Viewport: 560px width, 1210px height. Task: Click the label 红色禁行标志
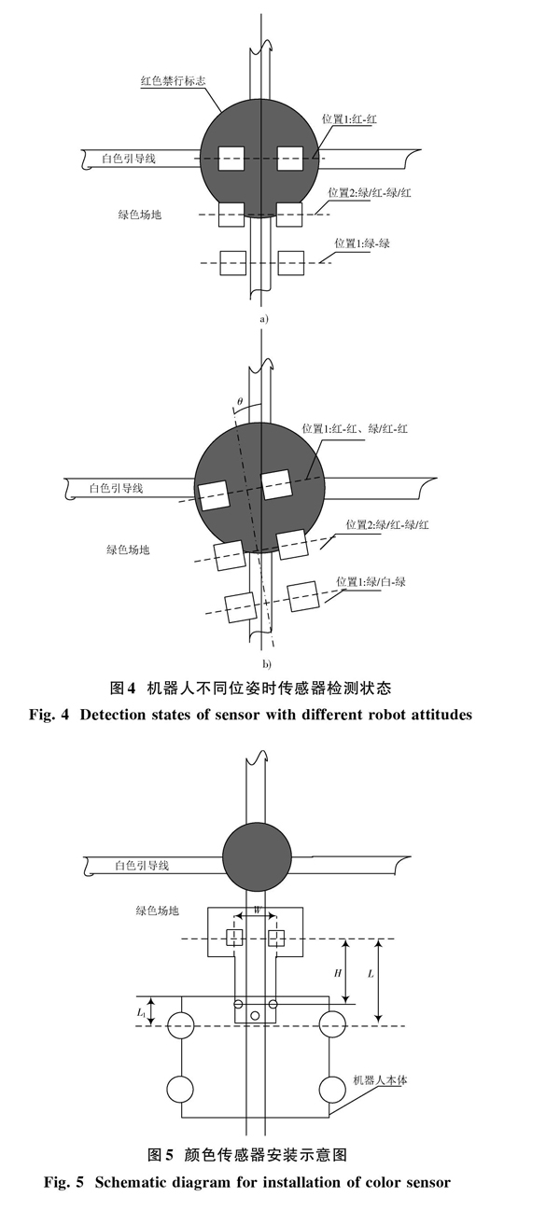(x=173, y=81)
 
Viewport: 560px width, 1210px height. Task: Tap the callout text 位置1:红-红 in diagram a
(x=349, y=119)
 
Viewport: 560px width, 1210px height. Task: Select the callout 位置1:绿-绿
(x=362, y=243)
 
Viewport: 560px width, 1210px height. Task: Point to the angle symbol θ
(x=240, y=401)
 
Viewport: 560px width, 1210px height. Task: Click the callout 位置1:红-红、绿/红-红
(x=355, y=429)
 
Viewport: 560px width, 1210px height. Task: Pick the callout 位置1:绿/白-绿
(x=371, y=582)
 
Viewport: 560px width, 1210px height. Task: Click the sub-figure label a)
(x=264, y=319)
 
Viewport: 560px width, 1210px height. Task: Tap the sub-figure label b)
(x=267, y=664)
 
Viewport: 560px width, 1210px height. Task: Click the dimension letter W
(x=258, y=911)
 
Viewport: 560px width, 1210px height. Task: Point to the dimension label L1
(x=141, y=1012)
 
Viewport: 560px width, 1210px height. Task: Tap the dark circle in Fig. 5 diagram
(x=258, y=857)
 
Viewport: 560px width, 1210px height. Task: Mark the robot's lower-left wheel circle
(x=180, y=1089)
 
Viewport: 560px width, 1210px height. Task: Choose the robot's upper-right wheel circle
(x=332, y=1025)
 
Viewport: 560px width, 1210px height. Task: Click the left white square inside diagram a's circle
(x=231, y=159)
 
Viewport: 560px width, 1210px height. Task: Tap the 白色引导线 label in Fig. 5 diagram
(x=142, y=866)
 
